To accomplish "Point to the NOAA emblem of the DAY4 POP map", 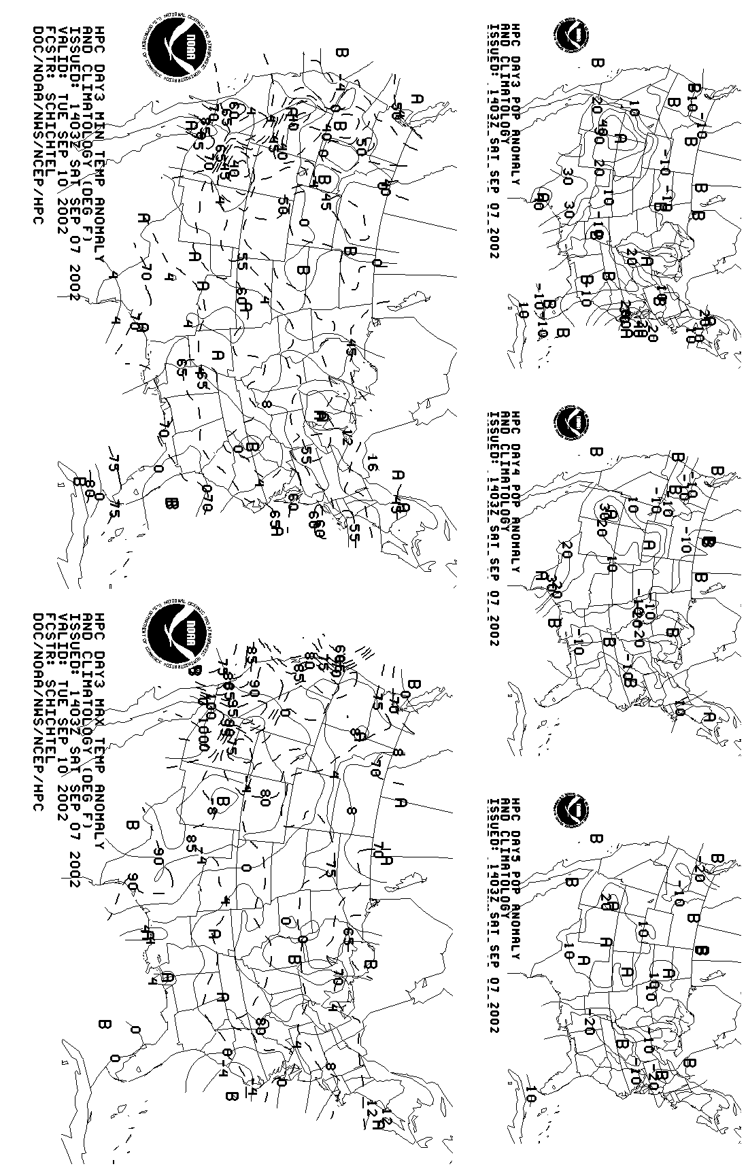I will [x=571, y=423].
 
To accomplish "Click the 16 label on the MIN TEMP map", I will [x=371, y=463].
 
